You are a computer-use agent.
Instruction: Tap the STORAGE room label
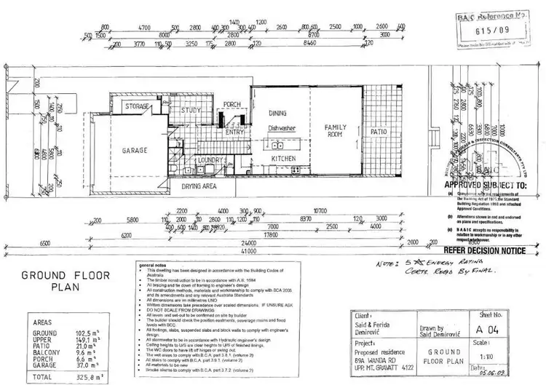137,107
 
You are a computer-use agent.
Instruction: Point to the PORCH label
232,105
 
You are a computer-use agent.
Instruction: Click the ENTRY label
234,132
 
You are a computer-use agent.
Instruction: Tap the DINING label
277,114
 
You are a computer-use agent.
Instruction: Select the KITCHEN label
282,158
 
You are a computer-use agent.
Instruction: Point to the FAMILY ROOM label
339,131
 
